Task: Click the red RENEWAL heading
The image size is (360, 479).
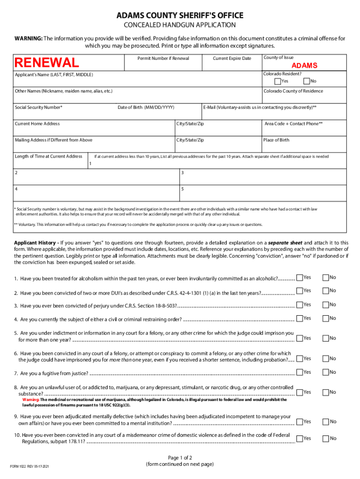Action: [x=47, y=63]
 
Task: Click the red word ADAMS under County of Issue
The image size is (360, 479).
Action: [x=304, y=65]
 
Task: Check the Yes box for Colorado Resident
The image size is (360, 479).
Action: [x=278, y=81]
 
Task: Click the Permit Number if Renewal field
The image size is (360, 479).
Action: [x=163, y=65]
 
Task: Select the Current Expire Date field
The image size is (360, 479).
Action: [x=232, y=65]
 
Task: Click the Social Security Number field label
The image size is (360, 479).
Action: [x=39, y=107]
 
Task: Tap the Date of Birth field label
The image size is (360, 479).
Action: [x=146, y=107]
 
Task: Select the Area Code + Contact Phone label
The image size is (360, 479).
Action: [x=293, y=123]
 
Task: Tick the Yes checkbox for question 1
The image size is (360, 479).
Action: [x=300, y=277]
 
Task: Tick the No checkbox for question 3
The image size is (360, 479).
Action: [x=325, y=305]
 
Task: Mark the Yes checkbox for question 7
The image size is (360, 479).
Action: [x=300, y=372]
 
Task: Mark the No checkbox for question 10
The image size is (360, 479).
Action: [x=325, y=438]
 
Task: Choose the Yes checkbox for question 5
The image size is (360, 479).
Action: [x=300, y=338]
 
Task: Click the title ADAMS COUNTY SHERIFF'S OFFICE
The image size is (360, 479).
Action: [x=180, y=16]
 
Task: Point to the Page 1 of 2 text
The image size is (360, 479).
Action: [x=180, y=457]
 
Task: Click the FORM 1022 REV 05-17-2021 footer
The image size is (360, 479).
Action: [x=30, y=467]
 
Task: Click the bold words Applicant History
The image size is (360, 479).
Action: [x=36, y=243]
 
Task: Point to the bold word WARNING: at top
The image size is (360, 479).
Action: [x=28, y=38]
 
